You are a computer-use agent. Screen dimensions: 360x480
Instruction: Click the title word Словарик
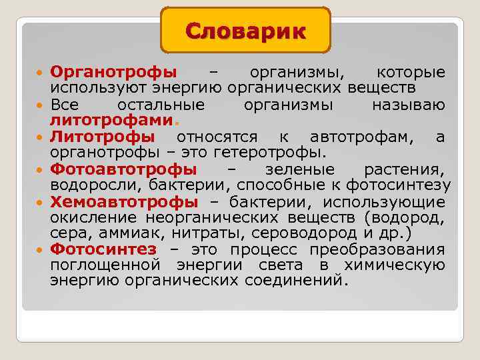(x=245, y=31)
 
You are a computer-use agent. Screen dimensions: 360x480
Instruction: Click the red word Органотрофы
(x=113, y=72)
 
